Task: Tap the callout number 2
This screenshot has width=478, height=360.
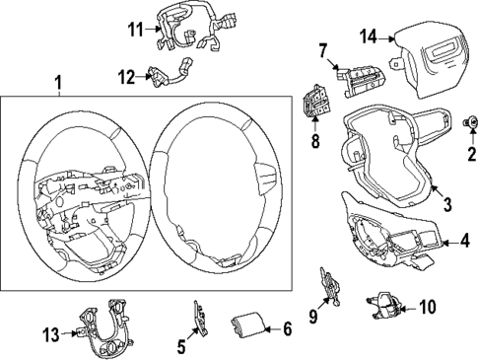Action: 470,152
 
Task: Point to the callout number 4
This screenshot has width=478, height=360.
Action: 465,240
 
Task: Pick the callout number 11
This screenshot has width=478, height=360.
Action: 134,30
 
